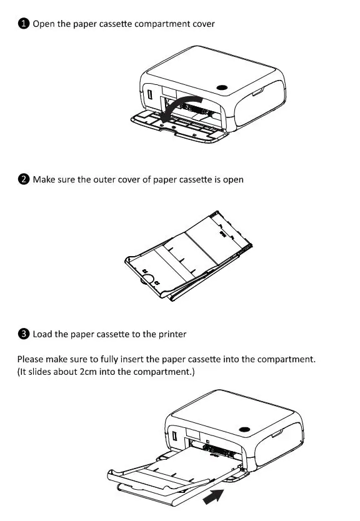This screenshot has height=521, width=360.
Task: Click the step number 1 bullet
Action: tap(23, 24)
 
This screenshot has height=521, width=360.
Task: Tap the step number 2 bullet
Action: tap(23, 179)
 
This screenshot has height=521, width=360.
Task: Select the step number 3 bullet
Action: tap(23, 334)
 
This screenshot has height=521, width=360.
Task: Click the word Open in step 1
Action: tap(44, 24)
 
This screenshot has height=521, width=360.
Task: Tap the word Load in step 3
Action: tap(42, 334)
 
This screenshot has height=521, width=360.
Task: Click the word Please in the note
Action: tap(31, 360)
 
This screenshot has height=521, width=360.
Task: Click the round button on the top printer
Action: tap(221, 87)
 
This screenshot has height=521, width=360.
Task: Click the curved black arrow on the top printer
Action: tap(178, 107)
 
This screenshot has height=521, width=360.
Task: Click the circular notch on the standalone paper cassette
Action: tap(150, 279)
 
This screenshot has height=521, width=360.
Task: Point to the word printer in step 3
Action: tap(171, 334)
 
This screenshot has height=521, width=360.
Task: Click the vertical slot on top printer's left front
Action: tap(151, 96)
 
